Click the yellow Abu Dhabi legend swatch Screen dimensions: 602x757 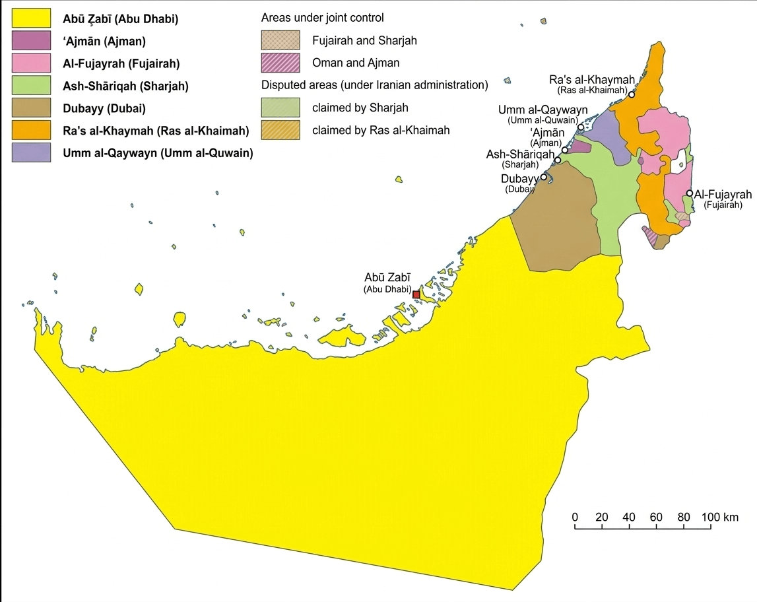(x=31, y=18)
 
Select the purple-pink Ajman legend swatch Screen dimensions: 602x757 (x=31, y=41)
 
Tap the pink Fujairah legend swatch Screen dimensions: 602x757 (x=31, y=63)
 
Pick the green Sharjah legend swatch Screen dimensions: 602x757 (x=31, y=86)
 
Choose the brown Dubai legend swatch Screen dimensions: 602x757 (x=31, y=108)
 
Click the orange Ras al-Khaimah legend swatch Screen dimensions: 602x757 (x=31, y=131)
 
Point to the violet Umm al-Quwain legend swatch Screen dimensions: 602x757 (x=31, y=152)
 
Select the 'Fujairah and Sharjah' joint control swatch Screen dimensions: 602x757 (x=280, y=41)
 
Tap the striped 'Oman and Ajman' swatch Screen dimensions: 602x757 (x=280, y=63)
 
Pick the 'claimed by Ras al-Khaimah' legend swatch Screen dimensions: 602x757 (x=280, y=131)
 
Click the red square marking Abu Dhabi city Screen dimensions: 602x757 (x=416, y=294)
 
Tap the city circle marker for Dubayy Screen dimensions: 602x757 (x=544, y=177)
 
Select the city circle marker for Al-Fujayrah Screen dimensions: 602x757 (x=690, y=193)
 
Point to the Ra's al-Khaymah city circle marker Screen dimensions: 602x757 (x=632, y=94)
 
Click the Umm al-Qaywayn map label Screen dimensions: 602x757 (x=543, y=110)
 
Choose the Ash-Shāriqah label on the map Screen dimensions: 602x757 (x=520, y=154)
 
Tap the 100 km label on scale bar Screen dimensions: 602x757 (x=720, y=517)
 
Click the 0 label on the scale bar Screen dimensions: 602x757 (x=575, y=517)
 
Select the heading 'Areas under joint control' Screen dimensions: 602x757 (x=322, y=18)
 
